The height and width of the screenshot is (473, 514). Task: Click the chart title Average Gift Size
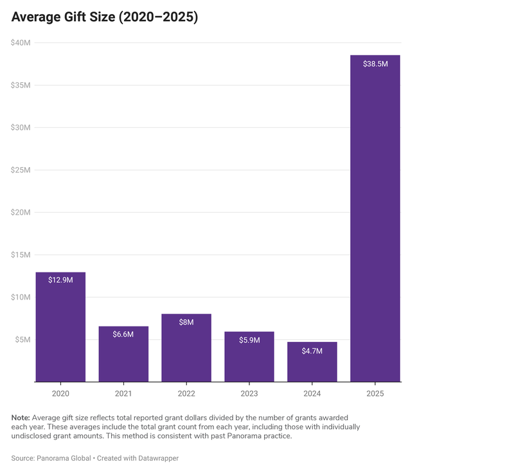(104, 18)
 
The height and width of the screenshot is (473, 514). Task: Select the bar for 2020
(60, 328)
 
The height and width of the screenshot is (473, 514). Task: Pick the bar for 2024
(312, 362)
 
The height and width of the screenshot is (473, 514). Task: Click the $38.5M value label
(375, 64)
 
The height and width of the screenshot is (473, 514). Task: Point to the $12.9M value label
(60, 280)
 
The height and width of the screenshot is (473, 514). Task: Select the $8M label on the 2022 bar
(186, 322)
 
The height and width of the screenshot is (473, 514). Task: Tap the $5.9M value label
(249, 340)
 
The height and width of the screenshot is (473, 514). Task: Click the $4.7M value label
(312, 351)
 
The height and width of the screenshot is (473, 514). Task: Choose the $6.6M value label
(123, 335)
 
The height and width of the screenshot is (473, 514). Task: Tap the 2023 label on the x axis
(249, 393)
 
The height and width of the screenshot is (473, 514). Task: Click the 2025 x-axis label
(375, 393)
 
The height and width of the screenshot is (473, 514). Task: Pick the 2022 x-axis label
(186, 393)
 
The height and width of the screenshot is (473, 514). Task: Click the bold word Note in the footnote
(20, 417)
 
